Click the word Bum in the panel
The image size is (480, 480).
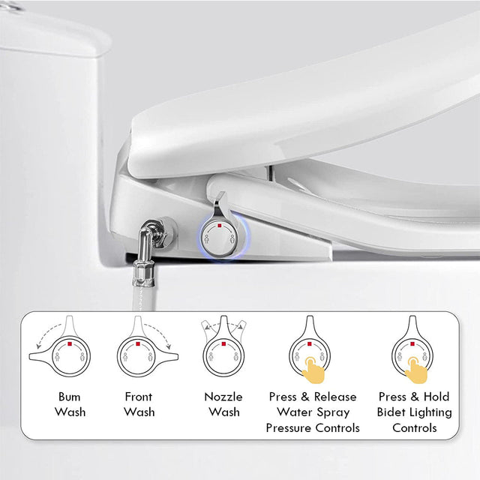click(68, 397)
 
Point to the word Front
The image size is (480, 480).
click(139, 397)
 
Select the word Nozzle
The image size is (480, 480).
click(223, 397)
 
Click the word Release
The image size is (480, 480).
click(334, 397)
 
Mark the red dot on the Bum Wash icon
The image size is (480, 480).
click(68, 344)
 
